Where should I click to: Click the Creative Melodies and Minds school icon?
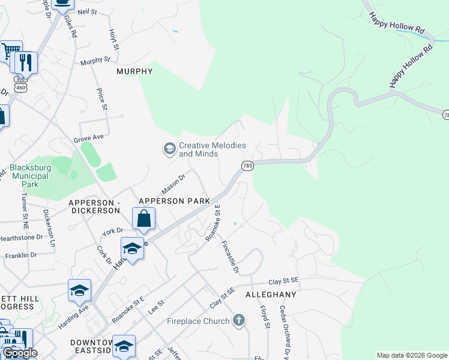pos(169,148)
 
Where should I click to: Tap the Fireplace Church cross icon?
pos(239,320)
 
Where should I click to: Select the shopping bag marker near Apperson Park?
pos(144,218)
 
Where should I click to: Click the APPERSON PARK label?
pos(174,201)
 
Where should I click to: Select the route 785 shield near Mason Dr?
pos(247,165)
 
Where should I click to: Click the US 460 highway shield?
pos(22,87)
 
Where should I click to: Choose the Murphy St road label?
pos(95,61)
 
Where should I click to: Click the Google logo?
pos(19,353)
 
